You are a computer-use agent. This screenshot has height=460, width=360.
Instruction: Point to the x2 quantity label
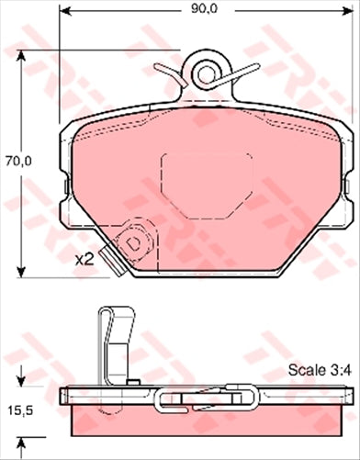click(84, 260)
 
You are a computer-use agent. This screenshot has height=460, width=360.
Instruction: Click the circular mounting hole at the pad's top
click(205, 69)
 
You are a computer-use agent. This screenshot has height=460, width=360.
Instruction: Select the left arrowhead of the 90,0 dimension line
click(63, 11)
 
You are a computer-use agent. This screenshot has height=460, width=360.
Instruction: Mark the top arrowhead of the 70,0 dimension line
click(20, 54)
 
